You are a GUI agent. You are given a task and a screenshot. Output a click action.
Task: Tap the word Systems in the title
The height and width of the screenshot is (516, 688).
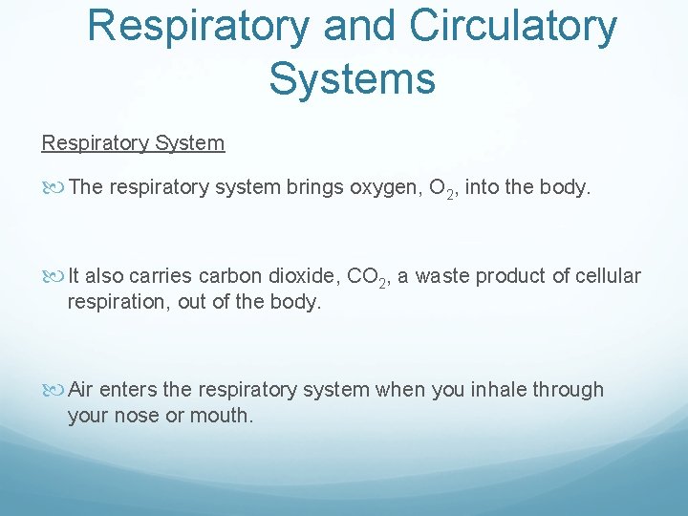pos(352,77)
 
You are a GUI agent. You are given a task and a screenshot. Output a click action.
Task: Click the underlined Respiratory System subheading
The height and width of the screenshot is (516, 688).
pos(133,143)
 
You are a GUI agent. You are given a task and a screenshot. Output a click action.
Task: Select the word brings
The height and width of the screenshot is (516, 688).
pos(316,187)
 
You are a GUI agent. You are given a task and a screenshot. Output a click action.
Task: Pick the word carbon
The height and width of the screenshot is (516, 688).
pos(229,276)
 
